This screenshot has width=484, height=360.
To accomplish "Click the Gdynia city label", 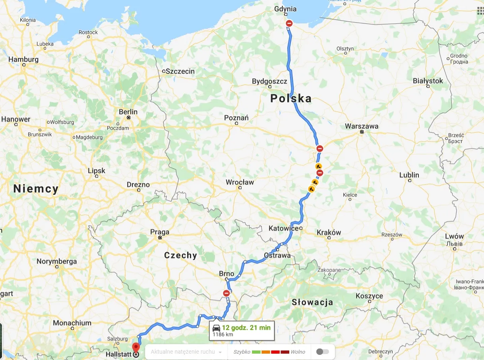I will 285,9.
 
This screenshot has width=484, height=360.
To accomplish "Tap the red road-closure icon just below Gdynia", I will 289,23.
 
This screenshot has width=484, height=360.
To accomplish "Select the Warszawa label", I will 361,126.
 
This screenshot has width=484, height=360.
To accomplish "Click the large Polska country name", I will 291,99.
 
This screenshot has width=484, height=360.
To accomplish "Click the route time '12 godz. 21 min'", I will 246,328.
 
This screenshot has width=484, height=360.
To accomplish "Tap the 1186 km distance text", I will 223,335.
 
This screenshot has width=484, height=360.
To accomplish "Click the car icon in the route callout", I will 217,328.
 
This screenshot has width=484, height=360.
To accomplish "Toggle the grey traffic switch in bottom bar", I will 322,352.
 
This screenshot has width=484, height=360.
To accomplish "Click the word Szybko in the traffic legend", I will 242,352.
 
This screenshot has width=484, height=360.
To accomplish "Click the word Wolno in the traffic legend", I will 298,352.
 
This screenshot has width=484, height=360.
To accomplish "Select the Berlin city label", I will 128,112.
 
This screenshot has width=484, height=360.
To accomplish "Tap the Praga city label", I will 159,232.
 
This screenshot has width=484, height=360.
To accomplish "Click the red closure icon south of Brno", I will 227,293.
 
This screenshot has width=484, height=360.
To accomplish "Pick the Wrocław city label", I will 240,182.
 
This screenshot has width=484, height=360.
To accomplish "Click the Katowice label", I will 283,228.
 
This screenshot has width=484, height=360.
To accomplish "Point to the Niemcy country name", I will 36,189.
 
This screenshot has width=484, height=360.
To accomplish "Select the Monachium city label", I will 72,323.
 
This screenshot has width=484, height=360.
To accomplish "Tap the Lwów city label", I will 454,236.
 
